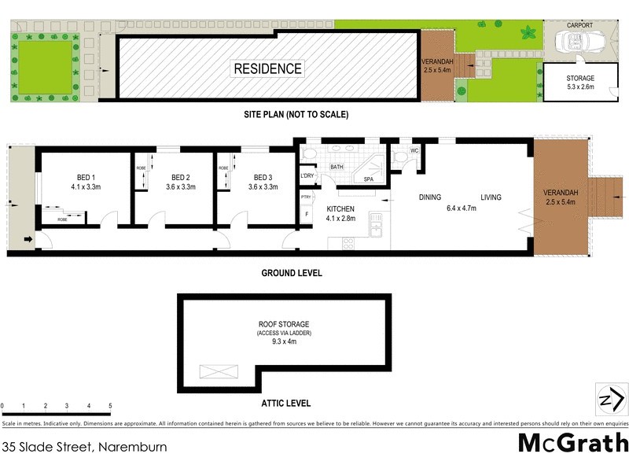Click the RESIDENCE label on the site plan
[267, 68]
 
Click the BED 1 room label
[86, 182]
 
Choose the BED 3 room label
[258, 182]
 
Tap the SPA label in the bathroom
[368, 180]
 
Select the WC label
[414, 151]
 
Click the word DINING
[429, 197]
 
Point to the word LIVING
[491, 197]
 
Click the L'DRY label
[307, 175]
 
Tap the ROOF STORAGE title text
[284, 324]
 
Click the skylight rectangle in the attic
[219, 373]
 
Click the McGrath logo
[572, 443]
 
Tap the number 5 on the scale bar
[110, 406]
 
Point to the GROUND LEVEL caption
[292, 273]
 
